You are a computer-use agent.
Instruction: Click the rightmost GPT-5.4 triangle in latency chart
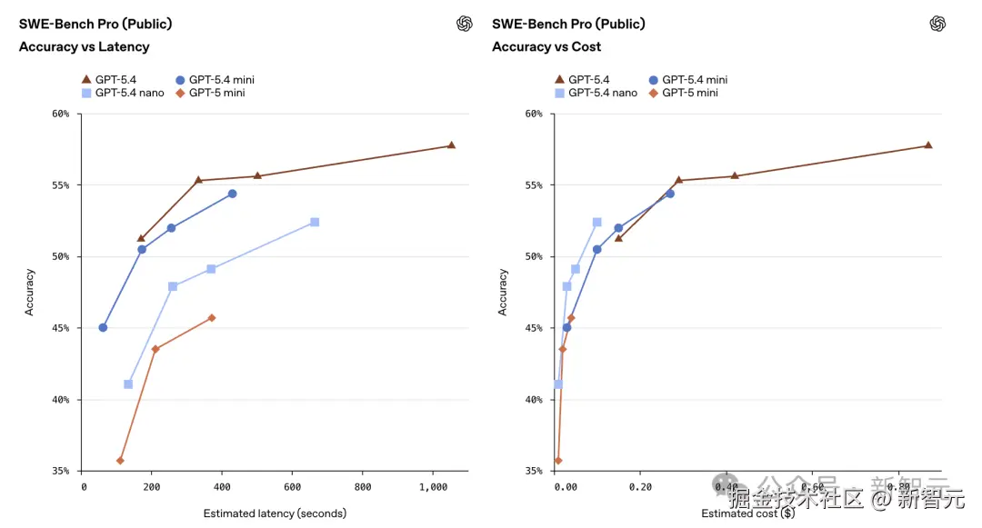[451, 145]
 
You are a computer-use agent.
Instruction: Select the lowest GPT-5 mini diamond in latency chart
[120, 461]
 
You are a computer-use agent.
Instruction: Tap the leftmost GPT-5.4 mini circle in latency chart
[103, 327]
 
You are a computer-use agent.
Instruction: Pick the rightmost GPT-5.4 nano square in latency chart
[315, 222]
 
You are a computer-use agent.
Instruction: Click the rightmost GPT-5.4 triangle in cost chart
[928, 145]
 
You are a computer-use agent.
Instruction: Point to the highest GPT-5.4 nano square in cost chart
[597, 222]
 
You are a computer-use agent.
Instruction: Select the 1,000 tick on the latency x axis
[434, 487]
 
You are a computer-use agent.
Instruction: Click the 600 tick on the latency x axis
[293, 487]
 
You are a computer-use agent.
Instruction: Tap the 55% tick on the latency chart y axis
[61, 185]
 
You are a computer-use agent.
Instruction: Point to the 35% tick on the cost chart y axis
[534, 471]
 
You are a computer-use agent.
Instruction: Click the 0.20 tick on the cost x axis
[640, 487]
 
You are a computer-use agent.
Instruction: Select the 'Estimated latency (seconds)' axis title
[275, 513]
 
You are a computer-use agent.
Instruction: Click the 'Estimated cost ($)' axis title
[747, 513]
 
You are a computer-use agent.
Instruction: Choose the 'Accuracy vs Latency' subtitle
[84, 46]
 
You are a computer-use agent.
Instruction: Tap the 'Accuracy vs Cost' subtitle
[546, 46]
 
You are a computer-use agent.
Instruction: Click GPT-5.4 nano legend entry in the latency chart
[124, 93]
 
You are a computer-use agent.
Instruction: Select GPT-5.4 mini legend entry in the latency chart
[216, 80]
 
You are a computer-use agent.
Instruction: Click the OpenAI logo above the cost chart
[937, 24]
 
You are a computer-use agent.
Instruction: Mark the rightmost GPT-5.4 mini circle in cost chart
[670, 194]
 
